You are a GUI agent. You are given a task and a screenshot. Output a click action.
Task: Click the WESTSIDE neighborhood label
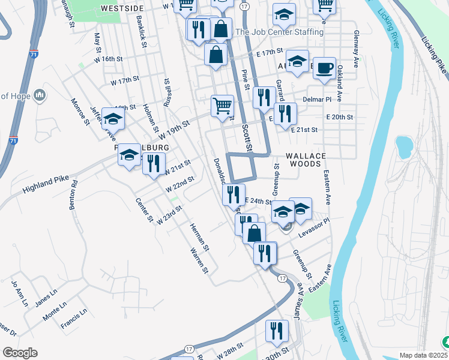click(122, 8)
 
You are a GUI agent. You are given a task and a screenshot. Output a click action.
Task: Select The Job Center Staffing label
click(280, 32)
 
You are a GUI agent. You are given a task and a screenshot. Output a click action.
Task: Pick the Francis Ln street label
click(74, 319)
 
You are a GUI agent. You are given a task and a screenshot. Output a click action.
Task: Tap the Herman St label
click(199, 236)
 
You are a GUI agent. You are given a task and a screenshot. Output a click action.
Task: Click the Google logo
click(20, 353)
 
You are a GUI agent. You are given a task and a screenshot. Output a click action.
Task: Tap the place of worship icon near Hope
click(40, 95)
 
